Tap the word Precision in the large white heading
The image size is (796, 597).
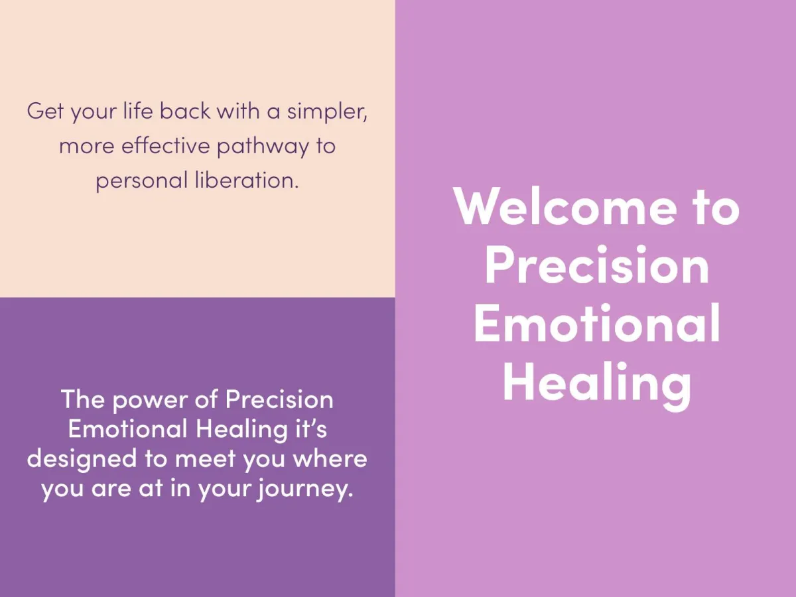tap(597, 264)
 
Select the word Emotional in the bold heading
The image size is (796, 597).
tap(597, 322)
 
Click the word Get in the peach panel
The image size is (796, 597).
tap(45, 111)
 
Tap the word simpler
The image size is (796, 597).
tap(327, 111)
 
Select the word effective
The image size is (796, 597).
tap(166, 145)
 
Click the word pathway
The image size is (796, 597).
tap(263, 147)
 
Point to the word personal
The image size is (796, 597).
tap(142, 181)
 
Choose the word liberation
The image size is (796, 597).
tap(247, 180)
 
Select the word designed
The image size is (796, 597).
tap(82, 459)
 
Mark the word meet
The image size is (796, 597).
tap(206, 458)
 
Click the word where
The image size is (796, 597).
tap(330, 458)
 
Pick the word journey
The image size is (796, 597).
tap(305, 490)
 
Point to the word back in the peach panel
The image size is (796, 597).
tap(185, 110)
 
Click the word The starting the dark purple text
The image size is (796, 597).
tap(83, 399)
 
